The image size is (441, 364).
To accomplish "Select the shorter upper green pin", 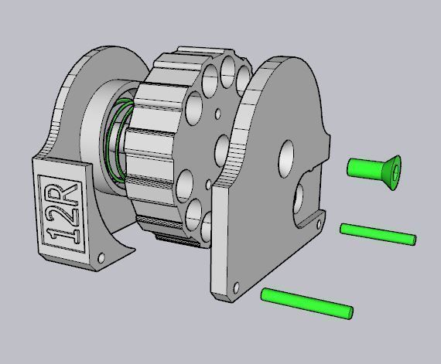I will [378, 233].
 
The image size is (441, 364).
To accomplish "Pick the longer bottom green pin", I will [307, 303].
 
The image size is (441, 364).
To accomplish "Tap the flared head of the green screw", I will [391, 172].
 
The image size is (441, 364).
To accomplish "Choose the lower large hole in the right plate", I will [298, 199].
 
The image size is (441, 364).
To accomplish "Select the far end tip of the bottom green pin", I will [348, 313].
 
